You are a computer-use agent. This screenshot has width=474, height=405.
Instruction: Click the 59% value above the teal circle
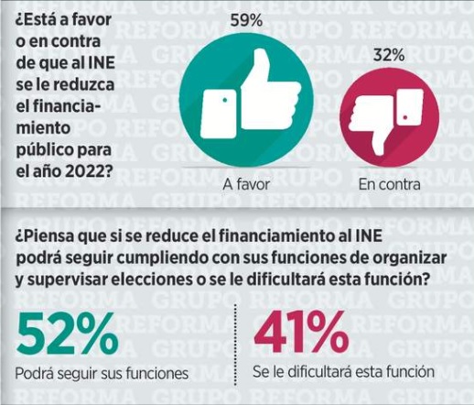246,21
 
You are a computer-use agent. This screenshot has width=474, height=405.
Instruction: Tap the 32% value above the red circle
389,56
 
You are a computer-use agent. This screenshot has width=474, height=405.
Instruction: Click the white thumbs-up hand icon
250,94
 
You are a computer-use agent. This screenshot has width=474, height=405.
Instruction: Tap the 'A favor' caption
246,184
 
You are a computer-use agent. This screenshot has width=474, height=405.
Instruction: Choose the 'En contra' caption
389,184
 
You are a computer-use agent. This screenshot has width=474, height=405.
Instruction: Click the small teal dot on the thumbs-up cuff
225,100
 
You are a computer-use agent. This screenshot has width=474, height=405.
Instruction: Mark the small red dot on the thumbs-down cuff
405,117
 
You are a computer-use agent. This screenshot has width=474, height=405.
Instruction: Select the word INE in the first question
102,63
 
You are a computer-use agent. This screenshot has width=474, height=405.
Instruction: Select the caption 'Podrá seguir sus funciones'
102,373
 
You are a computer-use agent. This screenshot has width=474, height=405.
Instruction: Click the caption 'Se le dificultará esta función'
343,372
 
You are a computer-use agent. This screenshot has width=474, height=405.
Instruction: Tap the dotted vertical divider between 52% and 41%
235,345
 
